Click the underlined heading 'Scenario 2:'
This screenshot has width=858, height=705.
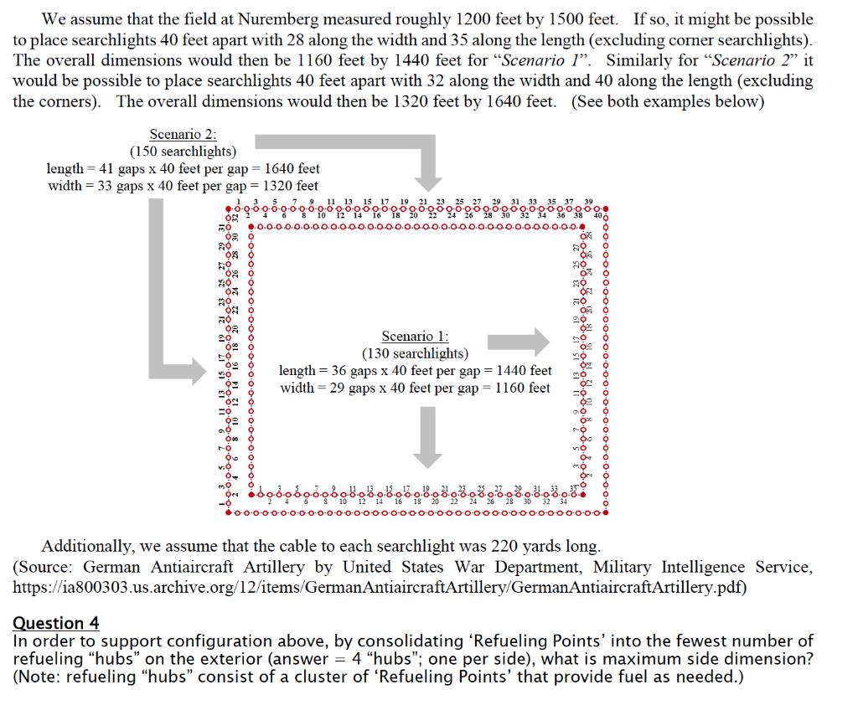[x=183, y=134]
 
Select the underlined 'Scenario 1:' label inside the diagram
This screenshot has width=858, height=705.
[x=415, y=336]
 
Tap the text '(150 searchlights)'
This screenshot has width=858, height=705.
[x=183, y=152]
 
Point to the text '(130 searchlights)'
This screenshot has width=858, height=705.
[x=415, y=353]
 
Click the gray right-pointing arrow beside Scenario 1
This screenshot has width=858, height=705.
[x=518, y=341]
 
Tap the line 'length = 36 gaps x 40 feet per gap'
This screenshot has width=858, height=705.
[x=415, y=370]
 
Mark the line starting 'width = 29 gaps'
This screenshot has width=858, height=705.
[x=415, y=388]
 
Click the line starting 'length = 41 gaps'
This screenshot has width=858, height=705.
[x=183, y=168]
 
